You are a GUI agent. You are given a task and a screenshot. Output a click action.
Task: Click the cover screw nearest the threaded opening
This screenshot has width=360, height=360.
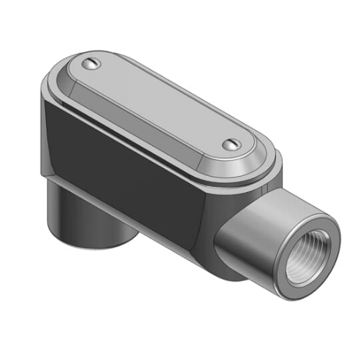[x=231, y=145]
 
